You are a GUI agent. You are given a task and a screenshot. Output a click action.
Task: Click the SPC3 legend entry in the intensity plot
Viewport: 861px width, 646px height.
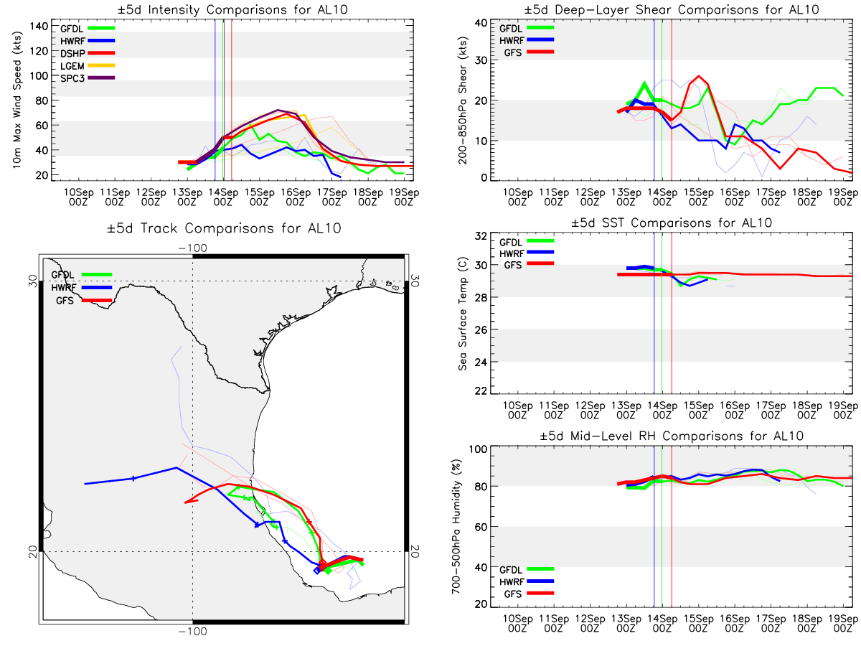(x=88, y=78)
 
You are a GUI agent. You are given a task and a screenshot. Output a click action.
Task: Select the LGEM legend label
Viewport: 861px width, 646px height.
(x=72, y=66)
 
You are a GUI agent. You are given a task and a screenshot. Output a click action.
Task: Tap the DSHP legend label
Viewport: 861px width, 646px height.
(x=72, y=53)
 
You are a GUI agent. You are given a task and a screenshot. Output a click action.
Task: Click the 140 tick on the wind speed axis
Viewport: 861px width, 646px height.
(x=39, y=27)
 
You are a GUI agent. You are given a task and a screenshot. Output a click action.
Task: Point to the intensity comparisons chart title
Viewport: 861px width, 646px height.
(x=232, y=9)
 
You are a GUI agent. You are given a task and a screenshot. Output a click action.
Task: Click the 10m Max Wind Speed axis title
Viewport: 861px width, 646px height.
(x=17, y=100)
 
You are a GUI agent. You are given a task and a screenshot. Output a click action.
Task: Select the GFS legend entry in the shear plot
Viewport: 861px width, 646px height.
(x=529, y=52)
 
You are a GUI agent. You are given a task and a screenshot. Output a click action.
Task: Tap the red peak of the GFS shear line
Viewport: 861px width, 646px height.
(x=698, y=76)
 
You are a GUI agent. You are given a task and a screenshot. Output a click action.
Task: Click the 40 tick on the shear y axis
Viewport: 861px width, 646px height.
(x=481, y=23)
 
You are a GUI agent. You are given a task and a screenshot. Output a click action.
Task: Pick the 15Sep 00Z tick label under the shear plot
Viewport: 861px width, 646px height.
(x=698, y=197)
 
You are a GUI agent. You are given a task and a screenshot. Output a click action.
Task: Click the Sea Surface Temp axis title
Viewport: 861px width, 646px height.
(x=463, y=314)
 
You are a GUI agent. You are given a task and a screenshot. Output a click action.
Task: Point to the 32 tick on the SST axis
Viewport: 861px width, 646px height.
(x=481, y=235)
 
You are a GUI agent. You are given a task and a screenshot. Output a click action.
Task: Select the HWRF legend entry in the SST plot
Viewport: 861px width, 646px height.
(x=527, y=253)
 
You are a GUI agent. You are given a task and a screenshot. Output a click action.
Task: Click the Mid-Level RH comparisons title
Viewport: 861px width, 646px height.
(x=672, y=436)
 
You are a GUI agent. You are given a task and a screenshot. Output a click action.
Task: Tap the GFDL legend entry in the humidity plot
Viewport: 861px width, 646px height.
(x=527, y=569)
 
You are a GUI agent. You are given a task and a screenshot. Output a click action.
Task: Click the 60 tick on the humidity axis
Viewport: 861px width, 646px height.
(x=481, y=527)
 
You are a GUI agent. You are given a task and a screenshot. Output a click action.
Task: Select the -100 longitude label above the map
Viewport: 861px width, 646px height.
(x=192, y=248)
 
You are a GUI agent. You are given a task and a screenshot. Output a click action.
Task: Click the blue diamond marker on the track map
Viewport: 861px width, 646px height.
(x=317, y=571)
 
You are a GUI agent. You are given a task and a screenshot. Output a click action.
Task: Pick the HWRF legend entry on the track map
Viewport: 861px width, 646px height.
(x=82, y=288)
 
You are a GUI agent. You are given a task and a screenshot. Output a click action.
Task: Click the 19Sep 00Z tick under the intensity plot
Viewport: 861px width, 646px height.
(x=404, y=197)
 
